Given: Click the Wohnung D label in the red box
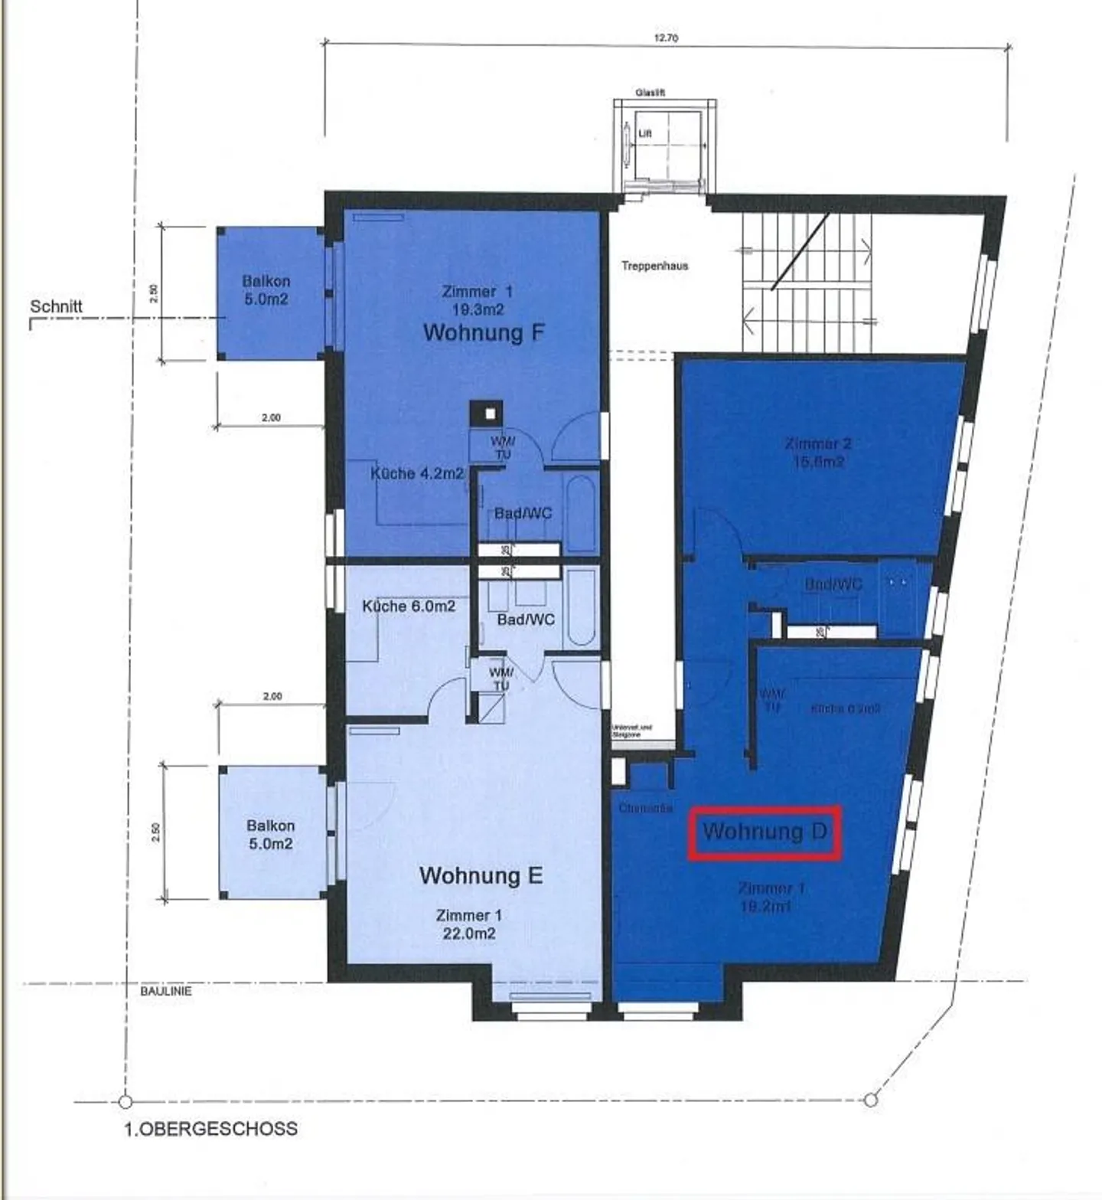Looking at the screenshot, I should click(765, 832).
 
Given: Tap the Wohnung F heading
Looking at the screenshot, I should click(483, 333).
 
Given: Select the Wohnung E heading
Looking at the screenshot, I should click(481, 875).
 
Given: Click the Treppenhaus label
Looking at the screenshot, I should click(654, 266).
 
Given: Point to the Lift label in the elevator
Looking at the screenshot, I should click(644, 134).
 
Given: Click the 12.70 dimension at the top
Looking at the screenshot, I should click(666, 38).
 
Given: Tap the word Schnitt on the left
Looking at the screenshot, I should click(56, 306).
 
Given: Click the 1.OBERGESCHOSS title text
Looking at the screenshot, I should click(211, 1129).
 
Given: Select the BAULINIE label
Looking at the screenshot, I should click(166, 991).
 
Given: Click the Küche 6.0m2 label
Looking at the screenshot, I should click(409, 607).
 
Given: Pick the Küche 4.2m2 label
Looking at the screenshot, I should click(417, 473).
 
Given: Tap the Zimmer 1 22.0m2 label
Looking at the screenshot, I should click(468, 924).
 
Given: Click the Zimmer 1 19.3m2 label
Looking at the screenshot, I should click(478, 300).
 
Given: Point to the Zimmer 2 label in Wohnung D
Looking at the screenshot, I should click(818, 452).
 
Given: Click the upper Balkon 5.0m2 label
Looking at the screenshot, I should click(266, 290).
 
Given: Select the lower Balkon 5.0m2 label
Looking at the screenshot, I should click(270, 835).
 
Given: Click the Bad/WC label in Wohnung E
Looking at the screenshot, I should click(526, 620).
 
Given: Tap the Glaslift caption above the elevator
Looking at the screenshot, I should click(650, 93).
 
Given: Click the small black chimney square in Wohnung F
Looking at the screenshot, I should click(487, 414).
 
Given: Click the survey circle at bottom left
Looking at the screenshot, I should click(126, 1102).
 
